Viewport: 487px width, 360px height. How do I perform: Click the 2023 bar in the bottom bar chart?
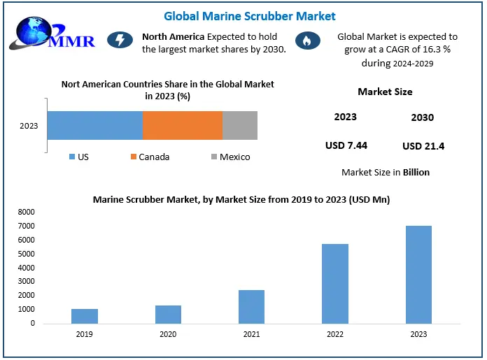[x=419, y=275]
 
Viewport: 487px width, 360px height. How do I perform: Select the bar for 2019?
[x=85, y=316]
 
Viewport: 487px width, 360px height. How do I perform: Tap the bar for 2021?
[x=252, y=307]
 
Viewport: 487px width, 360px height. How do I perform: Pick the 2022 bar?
[x=335, y=284]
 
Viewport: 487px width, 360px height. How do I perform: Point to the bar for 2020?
[x=168, y=315]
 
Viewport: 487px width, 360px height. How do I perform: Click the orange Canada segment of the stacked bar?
[x=183, y=126]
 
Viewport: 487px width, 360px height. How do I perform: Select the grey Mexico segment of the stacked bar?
[x=240, y=126]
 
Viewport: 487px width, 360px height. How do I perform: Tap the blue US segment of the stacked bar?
[x=95, y=126]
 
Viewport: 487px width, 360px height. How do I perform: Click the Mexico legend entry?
[x=231, y=157]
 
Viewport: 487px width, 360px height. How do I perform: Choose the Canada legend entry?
[x=150, y=157]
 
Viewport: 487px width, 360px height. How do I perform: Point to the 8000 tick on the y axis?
[x=26, y=212]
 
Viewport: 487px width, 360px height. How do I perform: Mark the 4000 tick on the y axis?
[x=26, y=268]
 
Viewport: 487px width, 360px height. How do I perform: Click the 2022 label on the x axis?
[x=335, y=333]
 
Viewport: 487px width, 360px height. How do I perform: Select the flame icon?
[x=306, y=41]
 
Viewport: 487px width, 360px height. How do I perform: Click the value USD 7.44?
[x=346, y=145]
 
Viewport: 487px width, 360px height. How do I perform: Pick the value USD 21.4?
[x=423, y=146]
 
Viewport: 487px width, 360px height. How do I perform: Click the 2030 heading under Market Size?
[x=423, y=117]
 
